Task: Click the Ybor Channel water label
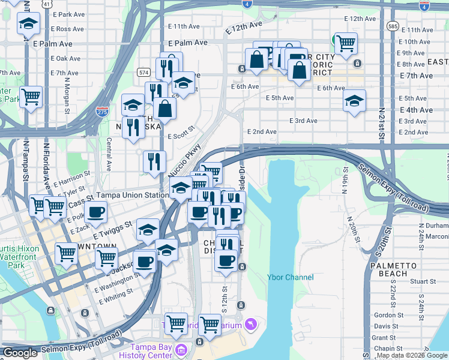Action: (x=290, y=277)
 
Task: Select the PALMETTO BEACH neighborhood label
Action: (x=393, y=269)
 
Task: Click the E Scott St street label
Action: (x=182, y=133)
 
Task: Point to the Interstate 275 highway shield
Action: (x=102, y=112)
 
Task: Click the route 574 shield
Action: (x=143, y=72)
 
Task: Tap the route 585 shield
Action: (x=393, y=26)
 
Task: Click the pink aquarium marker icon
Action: (x=250, y=325)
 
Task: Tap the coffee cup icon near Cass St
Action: (x=96, y=211)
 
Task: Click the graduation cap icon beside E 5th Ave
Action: (x=355, y=100)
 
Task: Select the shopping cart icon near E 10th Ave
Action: (x=346, y=43)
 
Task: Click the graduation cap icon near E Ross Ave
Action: (x=28, y=24)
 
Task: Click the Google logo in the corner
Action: (x=20, y=353)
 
